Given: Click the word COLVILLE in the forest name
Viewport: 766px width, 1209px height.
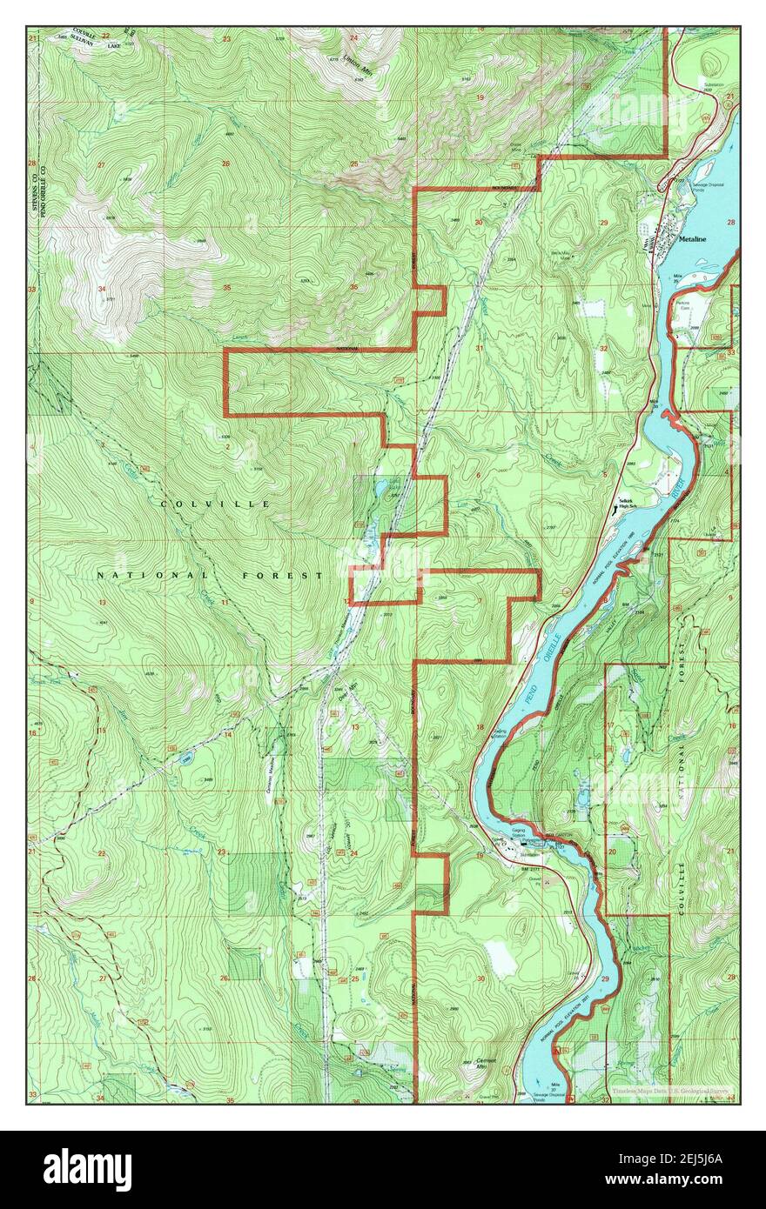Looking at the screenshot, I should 216,504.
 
